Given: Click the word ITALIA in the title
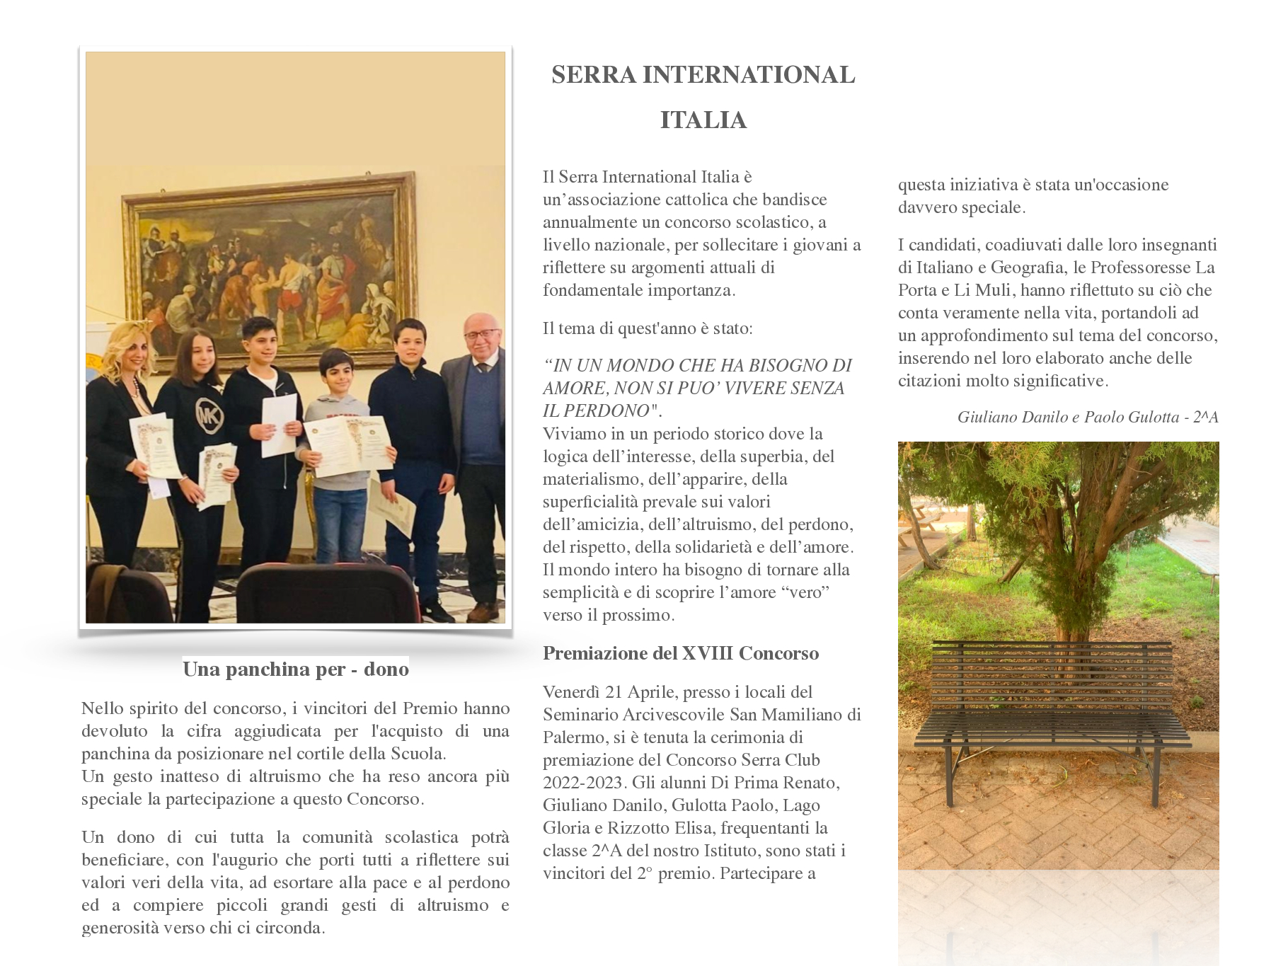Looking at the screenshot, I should click(703, 120).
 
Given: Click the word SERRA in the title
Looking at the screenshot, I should click(594, 75).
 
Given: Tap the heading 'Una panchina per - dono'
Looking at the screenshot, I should click(296, 669).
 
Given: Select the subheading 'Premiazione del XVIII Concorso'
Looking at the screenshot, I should click(680, 653).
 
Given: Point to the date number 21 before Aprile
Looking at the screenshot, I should click(616, 692).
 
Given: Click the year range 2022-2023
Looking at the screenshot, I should click(584, 783).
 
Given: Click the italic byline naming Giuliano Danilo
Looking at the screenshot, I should click(1087, 418).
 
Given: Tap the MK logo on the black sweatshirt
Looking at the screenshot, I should click(209, 415).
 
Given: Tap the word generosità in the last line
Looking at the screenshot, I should click(120, 928).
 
